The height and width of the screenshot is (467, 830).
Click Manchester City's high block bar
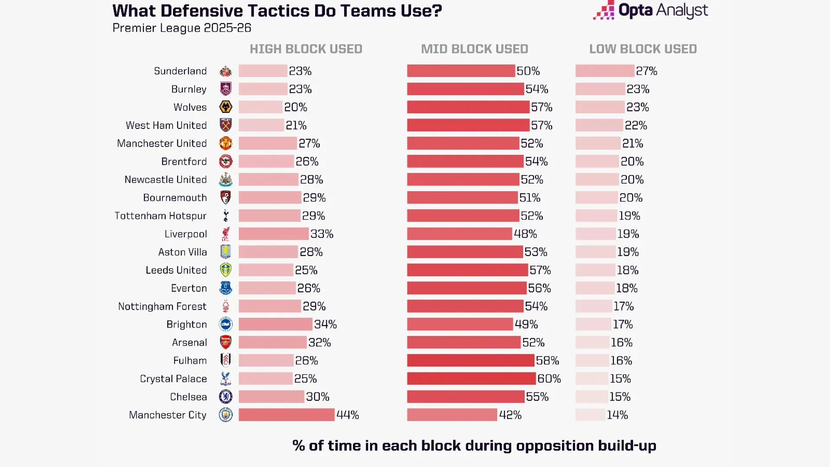(x=287, y=415)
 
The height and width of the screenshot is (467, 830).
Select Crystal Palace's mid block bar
(x=471, y=379)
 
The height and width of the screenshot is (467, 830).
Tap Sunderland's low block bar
(x=604, y=71)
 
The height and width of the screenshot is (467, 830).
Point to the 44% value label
(x=348, y=415)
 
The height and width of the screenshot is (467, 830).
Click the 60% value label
(x=549, y=379)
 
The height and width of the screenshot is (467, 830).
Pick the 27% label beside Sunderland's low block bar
(x=646, y=71)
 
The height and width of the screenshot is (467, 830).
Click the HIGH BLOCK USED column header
(x=306, y=49)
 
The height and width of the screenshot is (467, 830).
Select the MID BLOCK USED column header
(x=475, y=49)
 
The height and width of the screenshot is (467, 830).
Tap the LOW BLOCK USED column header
(x=643, y=49)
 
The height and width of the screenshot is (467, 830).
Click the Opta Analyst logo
(x=651, y=10)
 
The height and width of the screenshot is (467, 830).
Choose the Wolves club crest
(x=226, y=107)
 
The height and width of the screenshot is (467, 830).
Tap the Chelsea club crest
(x=226, y=397)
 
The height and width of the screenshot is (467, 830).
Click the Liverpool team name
(x=185, y=234)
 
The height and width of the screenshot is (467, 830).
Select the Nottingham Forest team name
(x=162, y=306)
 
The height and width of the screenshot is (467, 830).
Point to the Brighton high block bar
(x=275, y=324)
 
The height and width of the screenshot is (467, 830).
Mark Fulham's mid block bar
(x=470, y=361)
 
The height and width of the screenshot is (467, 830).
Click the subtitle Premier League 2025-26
(x=182, y=28)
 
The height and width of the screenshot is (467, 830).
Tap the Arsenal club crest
(x=226, y=342)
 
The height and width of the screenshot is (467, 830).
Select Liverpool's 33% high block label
(x=322, y=234)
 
